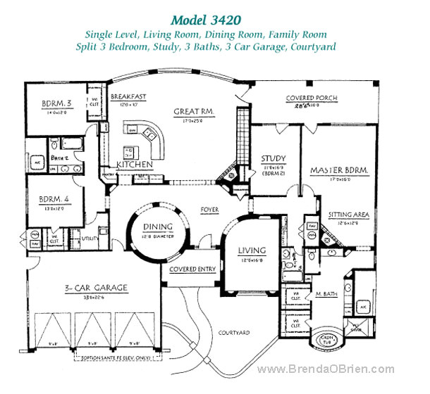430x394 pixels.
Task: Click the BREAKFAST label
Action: (128, 98)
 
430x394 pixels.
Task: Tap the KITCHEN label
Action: (135, 164)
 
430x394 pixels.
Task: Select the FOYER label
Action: (209, 210)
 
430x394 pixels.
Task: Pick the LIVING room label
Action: (251, 250)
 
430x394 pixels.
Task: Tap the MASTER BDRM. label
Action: (336, 170)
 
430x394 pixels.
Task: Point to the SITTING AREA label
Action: (346, 215)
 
